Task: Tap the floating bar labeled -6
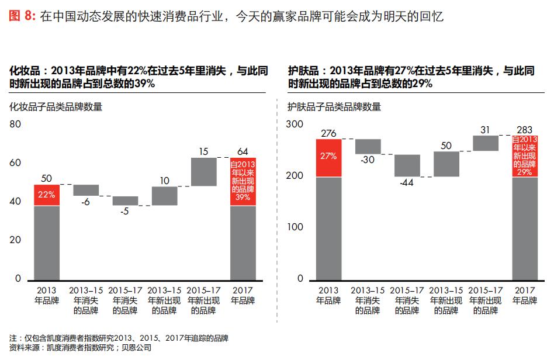[86, 190]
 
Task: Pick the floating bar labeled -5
[125, 200]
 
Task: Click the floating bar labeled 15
[203, 172]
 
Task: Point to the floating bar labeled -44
[407, 165]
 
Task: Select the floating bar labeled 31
[486, 143]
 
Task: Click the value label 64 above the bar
[243, 152]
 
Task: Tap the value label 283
[524, 130]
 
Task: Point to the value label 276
[328, 133]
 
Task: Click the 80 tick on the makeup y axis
[15, 124]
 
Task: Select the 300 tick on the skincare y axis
[296, 124]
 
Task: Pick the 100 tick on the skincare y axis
[296, 227]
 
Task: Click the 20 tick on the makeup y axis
[15, 240]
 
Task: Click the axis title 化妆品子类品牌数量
[56, 106]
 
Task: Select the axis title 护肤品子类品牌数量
[334, 106]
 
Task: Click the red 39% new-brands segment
[243, 181]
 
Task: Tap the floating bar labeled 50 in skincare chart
[446, 164]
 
